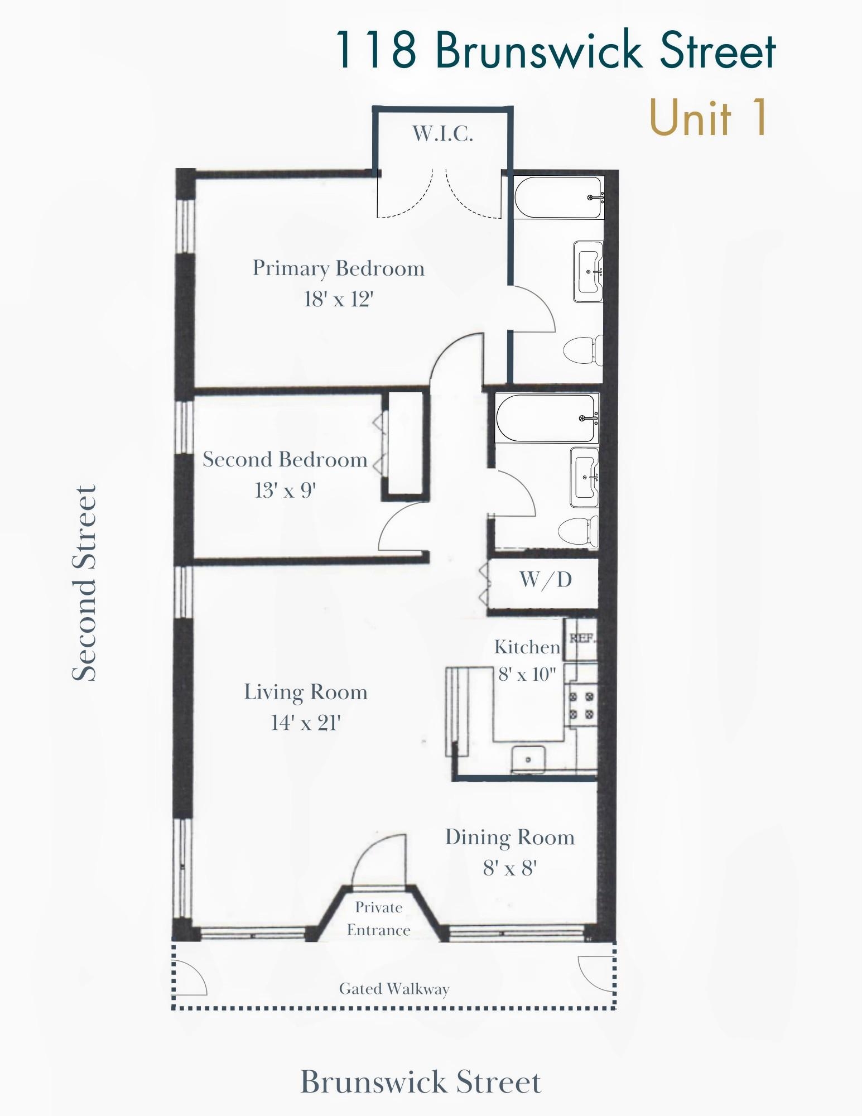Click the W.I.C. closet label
(442, 134)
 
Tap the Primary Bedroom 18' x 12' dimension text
(338, 300)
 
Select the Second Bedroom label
(285, 460)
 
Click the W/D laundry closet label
(546, 580)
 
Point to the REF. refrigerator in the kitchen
(581, 638)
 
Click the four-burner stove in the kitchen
(581, 705)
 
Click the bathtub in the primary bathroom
(558, 198)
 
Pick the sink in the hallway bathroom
(584, 478)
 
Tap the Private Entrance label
(379, 918)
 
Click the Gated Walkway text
(394, 989)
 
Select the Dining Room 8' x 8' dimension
(509, 868)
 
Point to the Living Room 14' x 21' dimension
(306, 723)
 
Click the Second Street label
(85, 583)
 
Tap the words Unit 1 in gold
(709, 118)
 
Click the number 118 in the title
(375, 50)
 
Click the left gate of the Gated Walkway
(190, 977)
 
